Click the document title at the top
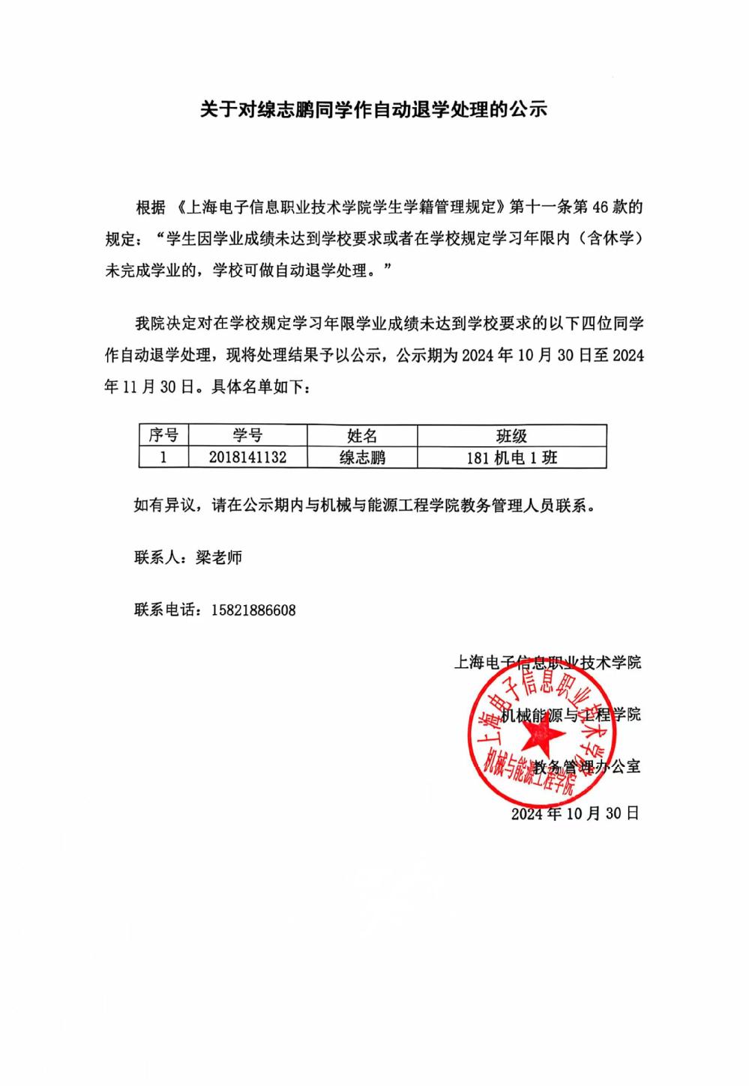[374, 109]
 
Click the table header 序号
[163, 435]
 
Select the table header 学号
[247, 435]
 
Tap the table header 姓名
[362, 435]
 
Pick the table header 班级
[511, 435]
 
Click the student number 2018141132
[247, 457]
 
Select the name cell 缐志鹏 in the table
[362, 457]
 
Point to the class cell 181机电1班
[511, 457]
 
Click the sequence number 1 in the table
[163, 457]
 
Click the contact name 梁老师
[219, 557]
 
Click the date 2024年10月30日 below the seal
[575, 813]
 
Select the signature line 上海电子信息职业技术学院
[547, 662]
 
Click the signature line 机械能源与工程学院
[571, 714]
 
